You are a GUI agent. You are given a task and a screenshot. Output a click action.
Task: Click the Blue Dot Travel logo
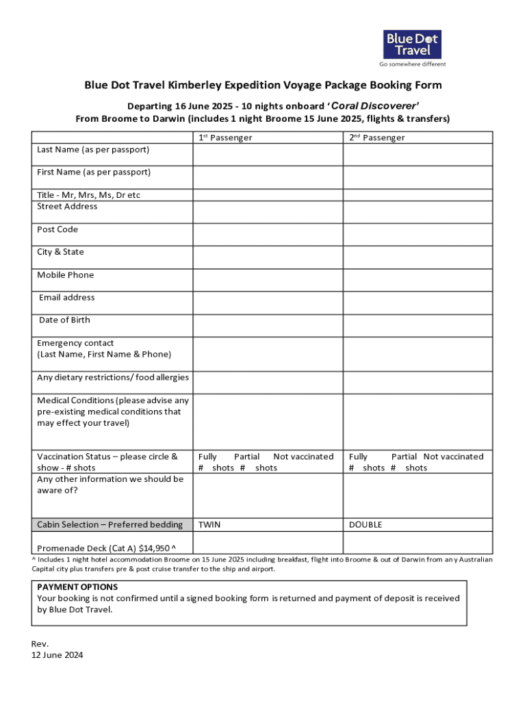point(412,44)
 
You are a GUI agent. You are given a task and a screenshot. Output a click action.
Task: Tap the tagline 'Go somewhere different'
point(412,64)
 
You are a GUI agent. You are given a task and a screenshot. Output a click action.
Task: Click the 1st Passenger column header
point(225,138)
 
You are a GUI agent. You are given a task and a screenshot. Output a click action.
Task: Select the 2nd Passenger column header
point(376,138)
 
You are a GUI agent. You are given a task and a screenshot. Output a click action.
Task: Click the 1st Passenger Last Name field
point(267,155)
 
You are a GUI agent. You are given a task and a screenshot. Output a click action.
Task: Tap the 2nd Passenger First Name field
point(417,177)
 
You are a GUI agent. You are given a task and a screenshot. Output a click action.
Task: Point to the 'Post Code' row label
point(57,229)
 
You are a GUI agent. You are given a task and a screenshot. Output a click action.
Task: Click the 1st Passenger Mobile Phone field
point(267,280)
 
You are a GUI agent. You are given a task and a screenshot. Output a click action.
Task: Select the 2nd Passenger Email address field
point(417,303)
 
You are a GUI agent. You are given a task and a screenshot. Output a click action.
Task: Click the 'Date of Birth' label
point(64,320)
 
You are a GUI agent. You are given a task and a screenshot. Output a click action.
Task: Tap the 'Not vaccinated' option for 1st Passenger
point(303,457)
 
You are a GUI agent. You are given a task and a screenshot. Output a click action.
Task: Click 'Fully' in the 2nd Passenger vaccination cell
point(358,457)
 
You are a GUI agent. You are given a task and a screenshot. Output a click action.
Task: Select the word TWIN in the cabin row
point(209,525)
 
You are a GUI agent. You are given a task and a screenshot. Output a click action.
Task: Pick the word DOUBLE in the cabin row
point(365,525)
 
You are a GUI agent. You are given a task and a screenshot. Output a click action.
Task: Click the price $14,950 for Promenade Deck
point(154,548)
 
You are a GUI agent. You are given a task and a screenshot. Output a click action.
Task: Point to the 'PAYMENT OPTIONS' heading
point(77,587)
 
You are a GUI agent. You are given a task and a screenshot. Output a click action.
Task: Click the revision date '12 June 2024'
point(57,655)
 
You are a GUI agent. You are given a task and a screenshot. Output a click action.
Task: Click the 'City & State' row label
point(60,252)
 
